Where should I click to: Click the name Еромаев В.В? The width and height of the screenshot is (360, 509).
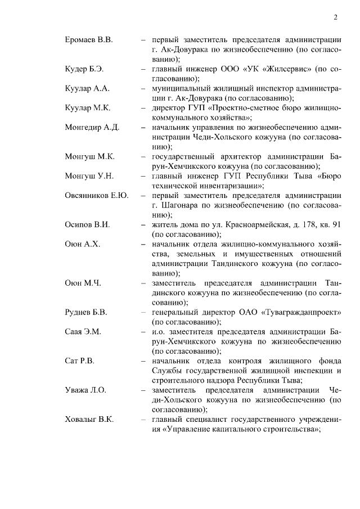89,40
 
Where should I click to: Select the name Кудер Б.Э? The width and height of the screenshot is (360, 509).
84,69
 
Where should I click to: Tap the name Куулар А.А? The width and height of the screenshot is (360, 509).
87,89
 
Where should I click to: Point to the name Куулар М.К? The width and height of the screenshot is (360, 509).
88,108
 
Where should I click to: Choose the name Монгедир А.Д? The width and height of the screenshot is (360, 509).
92,128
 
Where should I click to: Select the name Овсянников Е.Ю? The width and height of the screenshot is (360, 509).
97,196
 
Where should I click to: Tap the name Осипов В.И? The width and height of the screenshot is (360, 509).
87,225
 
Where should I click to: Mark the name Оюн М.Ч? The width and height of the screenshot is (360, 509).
83,283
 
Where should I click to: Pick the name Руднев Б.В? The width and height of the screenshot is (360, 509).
86,312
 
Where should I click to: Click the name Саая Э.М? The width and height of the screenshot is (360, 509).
83,332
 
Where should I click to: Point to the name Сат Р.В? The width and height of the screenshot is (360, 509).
79,361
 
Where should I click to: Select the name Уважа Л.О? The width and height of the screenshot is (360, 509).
85,390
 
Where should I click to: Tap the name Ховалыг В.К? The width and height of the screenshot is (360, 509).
89,420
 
